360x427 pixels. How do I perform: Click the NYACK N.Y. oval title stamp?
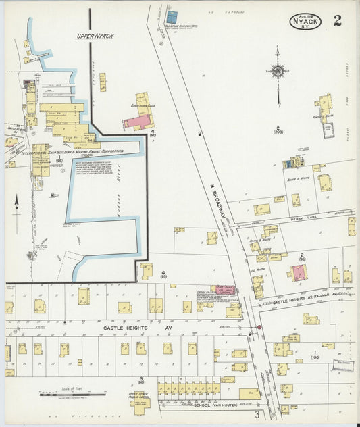(306, 21)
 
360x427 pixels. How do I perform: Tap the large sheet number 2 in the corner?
(337, 20)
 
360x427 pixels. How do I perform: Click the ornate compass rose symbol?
(277, 70)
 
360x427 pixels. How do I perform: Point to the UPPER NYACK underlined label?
(94, 36)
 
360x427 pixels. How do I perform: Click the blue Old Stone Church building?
(172, 16)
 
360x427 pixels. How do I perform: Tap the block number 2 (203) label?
(277, 130)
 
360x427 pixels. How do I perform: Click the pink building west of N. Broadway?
(225, 290)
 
